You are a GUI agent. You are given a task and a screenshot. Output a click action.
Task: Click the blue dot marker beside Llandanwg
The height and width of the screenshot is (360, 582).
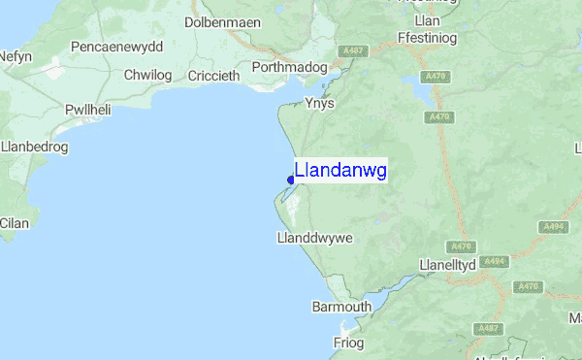291,180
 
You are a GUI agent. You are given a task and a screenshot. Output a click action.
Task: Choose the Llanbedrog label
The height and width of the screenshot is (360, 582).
32,147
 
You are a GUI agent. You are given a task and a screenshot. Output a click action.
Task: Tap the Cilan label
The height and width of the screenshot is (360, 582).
15,223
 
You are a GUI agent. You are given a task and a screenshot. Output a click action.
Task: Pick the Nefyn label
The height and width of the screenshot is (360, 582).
15,58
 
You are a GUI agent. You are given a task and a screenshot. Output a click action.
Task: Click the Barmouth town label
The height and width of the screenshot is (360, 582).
340,307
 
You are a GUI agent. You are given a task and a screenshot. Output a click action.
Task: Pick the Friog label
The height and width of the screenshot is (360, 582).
347,344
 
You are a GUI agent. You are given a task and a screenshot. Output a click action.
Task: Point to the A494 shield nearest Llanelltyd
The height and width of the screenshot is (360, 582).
494,261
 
